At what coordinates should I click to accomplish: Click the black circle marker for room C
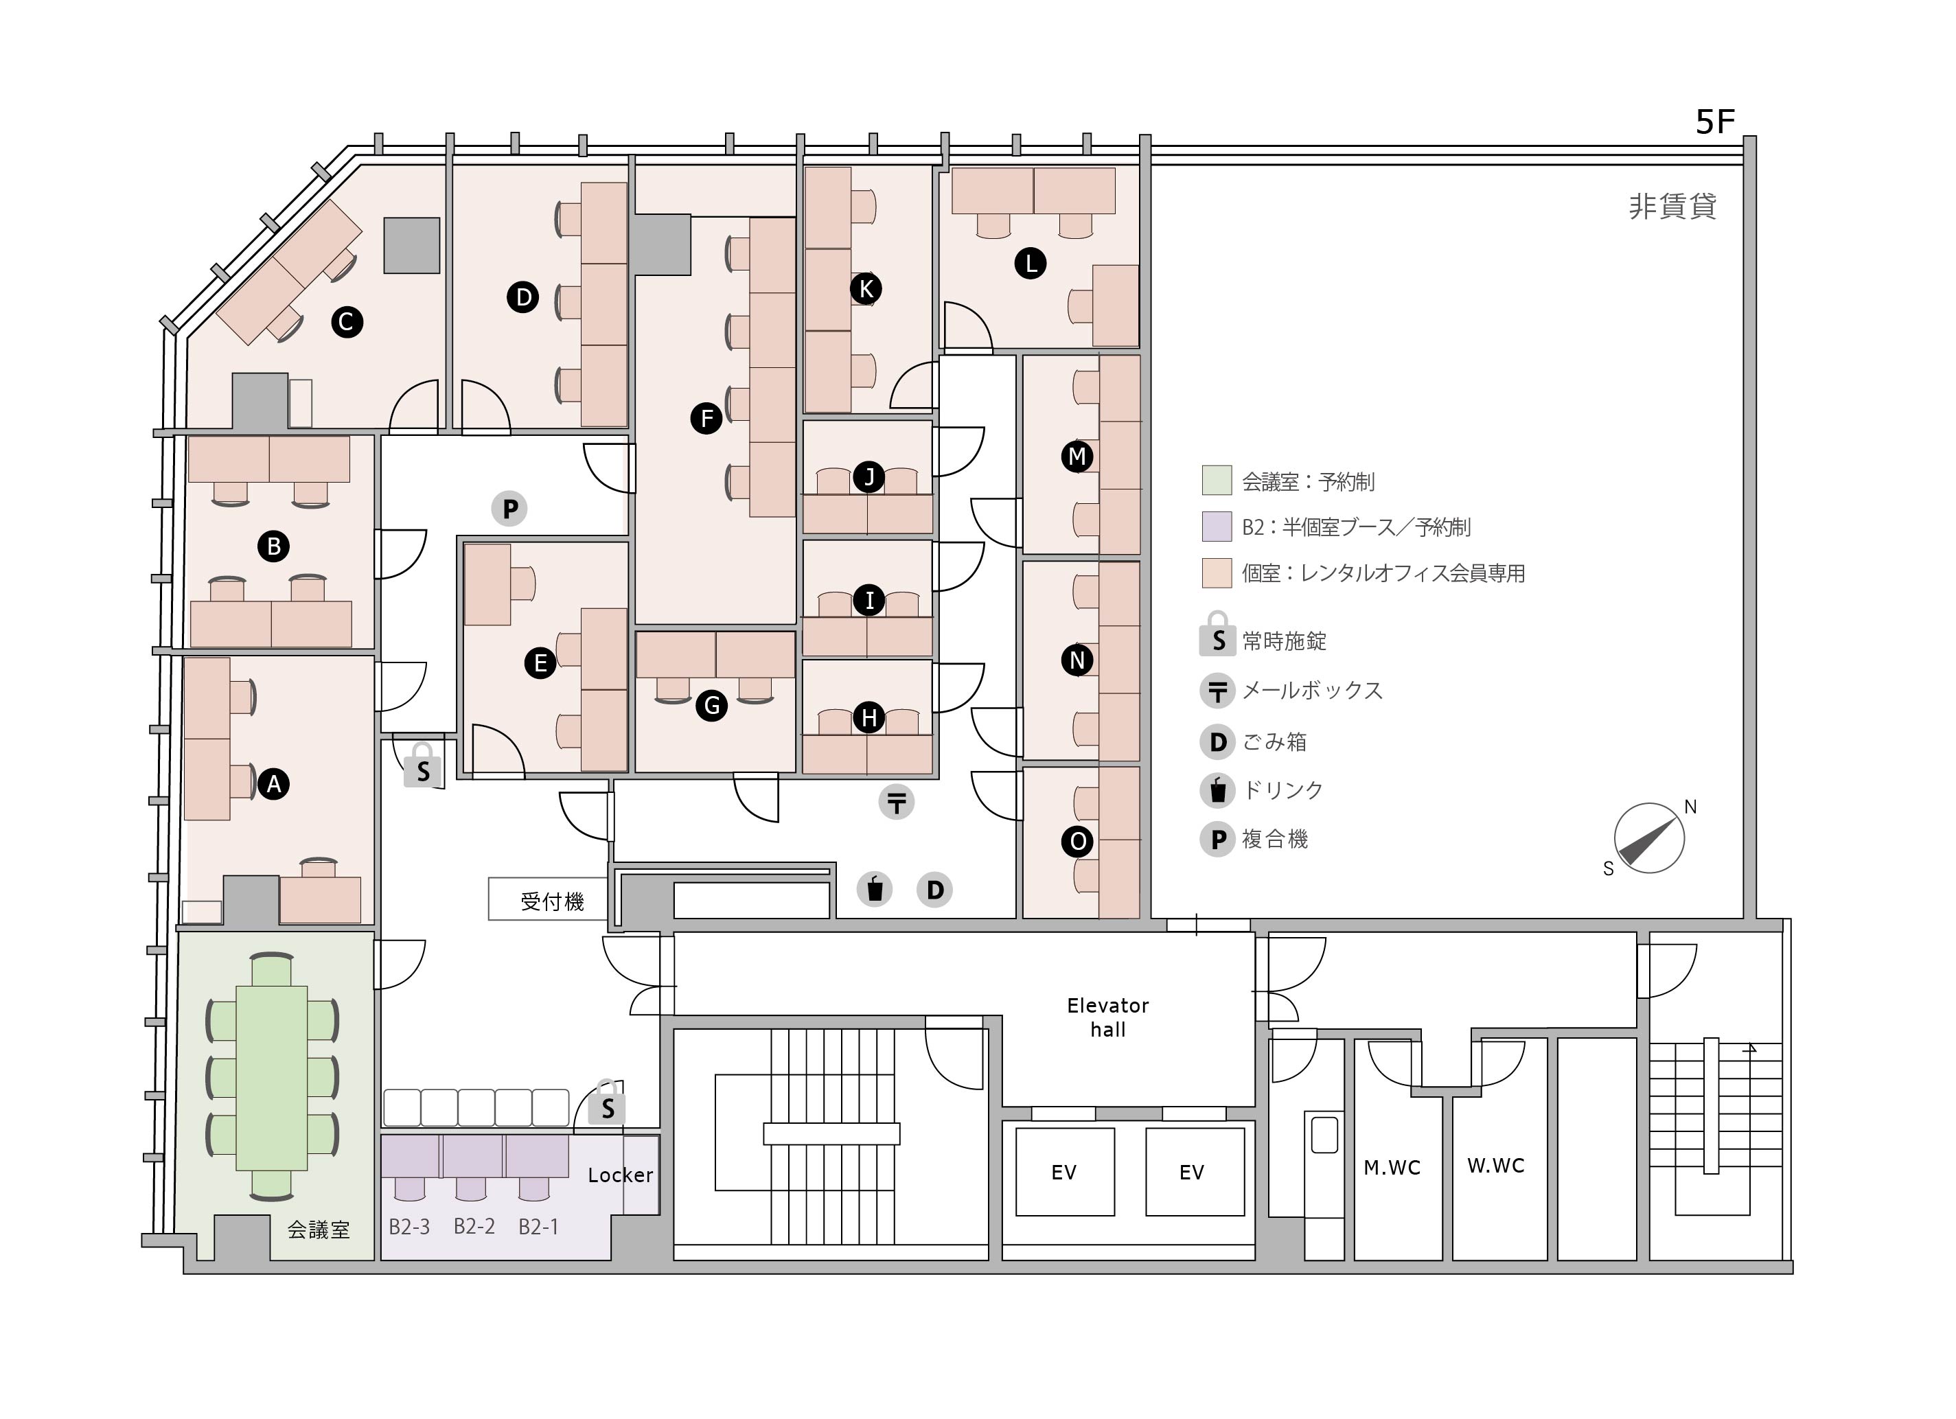pos(347,323)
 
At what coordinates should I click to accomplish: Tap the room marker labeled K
pos(866,289)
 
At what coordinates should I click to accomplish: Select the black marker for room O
pos(1077,841)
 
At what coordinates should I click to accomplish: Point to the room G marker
pos(711,706)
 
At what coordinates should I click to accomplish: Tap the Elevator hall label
pos(1107,1017)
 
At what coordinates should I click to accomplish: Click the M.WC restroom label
pos(1391,1168)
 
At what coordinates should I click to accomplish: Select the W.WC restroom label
pos(1495,1166)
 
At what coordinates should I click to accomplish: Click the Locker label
pos(620,1175)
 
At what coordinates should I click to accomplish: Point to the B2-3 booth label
pos(409,1227)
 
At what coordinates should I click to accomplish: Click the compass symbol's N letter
pos(1690,807)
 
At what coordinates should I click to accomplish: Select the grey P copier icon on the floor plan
pos(509,509)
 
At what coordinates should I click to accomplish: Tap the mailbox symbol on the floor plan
pos(896,803)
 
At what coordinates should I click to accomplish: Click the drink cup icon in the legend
pos(1218,789)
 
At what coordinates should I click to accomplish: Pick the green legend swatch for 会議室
pos(1216,481)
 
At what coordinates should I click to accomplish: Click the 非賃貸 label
pos(1672,206)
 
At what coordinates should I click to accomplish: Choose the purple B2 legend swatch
pos(1216,526)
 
